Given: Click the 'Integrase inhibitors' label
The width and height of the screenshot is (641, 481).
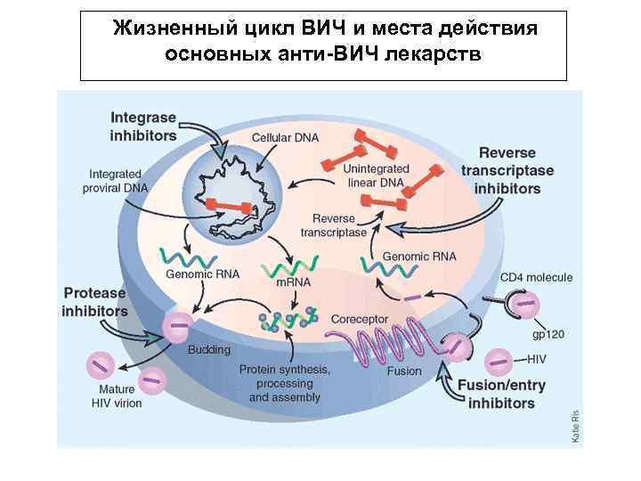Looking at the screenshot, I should point(143,126).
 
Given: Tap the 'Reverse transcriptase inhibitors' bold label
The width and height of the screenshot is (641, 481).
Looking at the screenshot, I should point(507,171).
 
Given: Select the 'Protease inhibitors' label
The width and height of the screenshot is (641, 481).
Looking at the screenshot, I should point(94,302).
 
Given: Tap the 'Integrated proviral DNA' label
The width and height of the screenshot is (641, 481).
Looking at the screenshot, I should point(116,181).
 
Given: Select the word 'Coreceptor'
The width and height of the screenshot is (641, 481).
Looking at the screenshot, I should point(359,319).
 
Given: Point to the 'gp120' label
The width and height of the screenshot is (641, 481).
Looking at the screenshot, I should point(549,334).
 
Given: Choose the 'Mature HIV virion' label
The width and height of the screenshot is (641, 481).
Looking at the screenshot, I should point(113,395).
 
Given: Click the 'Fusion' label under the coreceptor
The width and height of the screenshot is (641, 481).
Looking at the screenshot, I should point(404,371).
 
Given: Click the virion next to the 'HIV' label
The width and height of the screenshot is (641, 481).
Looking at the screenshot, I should point(498,362).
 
